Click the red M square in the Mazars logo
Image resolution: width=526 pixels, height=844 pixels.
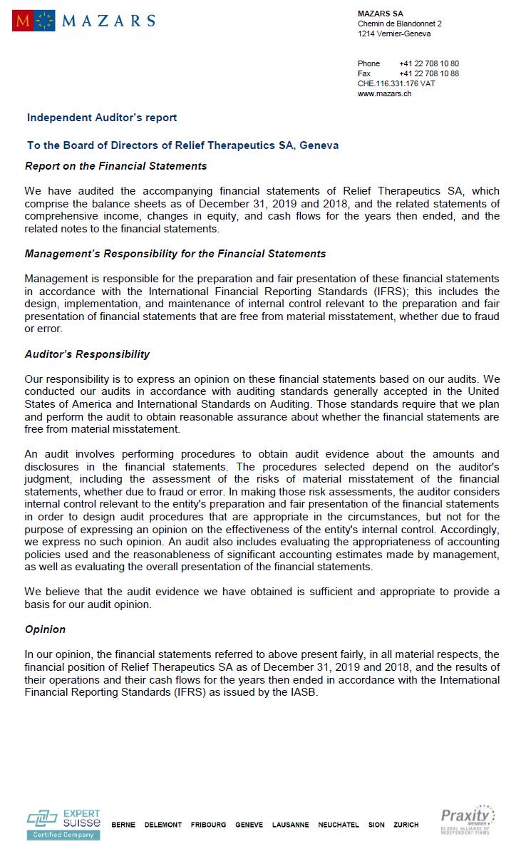pyautogui.click(x=21, y=21)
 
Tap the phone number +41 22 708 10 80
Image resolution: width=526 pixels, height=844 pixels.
pyautogui.click(x=429, y=63)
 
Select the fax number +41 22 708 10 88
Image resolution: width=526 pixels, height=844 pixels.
pyautogui.click(x=429, y=73)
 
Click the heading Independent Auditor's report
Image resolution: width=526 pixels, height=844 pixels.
pyautogui.click(x=102, y=118)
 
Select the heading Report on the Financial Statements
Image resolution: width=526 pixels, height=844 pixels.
pyautogui.click(x=115, y=166)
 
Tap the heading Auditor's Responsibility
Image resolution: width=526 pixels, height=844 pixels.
pyautogui.click(x=87, y=354)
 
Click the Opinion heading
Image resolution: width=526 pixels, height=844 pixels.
pyautogui.click(x=45, y=629)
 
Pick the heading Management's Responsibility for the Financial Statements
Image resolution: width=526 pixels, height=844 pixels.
pyautogui.click(x=175, y=254)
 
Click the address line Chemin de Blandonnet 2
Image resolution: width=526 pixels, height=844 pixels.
pyautogui.click(x=400, y=24)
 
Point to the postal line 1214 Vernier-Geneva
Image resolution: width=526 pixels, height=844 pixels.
pyautogui.click(x=394, y=34)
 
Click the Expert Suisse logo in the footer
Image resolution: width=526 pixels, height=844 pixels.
pyautogui.click(x=63, y=819)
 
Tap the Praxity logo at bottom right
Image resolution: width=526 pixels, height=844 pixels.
pyautogui.click(x=467, y=819)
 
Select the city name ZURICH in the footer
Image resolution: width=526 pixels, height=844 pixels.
pyautogui.click(x=406, y=825)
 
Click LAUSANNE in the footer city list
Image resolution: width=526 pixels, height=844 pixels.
pyautogui.click(x=291, y=825)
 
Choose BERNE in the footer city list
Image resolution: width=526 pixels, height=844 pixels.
pyautogui.click(x=123, y=825)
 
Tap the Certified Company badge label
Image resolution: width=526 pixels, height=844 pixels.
pyautogui.click(x=63, y=835)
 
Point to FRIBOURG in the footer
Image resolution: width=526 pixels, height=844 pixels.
pyautogui.click(x=208, y=825)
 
